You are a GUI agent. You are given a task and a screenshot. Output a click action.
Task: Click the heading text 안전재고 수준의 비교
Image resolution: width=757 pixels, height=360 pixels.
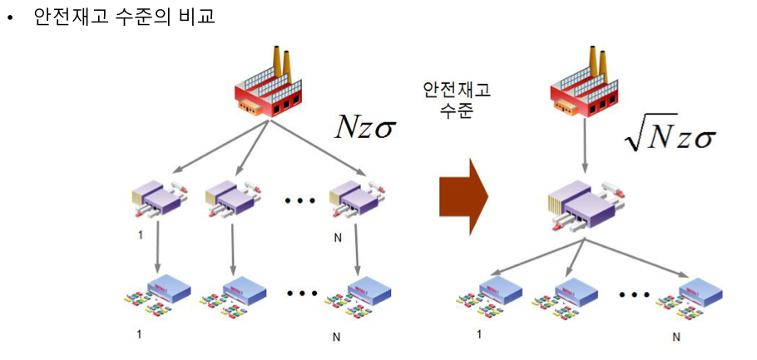coord(124,16)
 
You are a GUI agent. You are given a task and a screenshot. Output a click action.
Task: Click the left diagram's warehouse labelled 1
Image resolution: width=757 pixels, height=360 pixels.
coord(159,200)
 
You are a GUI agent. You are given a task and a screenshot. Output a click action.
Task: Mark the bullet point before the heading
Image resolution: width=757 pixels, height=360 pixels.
coord(12,17)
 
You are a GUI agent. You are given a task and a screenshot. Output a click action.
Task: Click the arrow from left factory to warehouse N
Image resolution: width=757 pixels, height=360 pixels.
coord(319,150)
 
